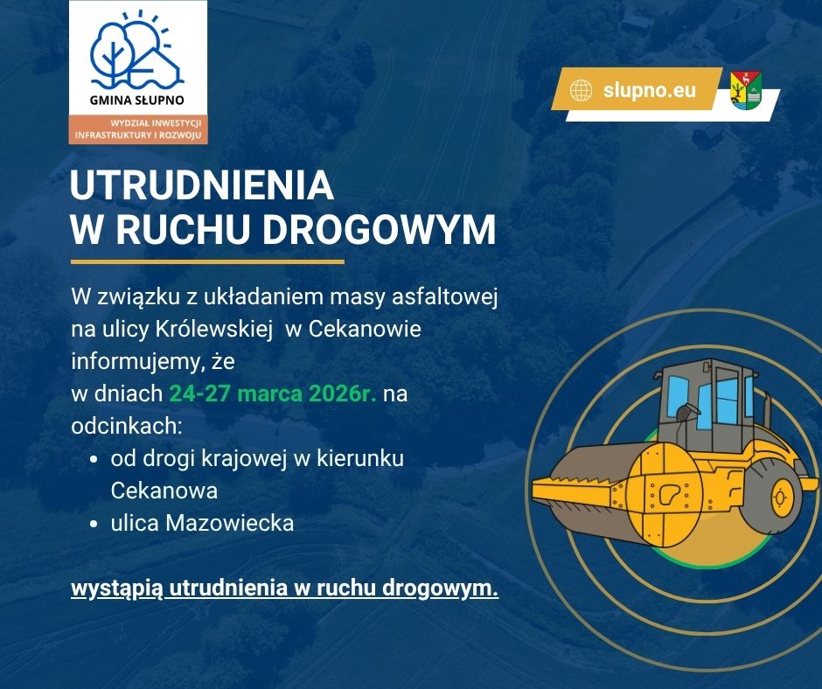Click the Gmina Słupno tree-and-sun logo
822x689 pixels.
(137, 51)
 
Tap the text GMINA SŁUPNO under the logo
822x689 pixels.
(136, 101)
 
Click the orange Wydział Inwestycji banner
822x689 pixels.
(138, 129)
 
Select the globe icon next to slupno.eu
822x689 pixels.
(581, 90)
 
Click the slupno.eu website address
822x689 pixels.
(649, 90)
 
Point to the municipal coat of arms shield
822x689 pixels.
(746, 90)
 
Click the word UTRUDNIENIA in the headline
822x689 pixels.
(202, 185)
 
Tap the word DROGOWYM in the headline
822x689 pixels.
(379, 229)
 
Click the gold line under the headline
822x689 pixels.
(207, 261)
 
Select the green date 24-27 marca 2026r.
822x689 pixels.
(273, 393)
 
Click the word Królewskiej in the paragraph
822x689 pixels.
(214, 330)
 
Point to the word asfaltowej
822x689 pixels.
(444, 297)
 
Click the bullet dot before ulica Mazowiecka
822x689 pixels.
(94, 523)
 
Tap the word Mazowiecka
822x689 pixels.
(230, 523)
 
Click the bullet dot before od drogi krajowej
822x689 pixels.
(94, 459)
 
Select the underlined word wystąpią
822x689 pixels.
(117, 588)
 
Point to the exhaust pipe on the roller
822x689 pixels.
(766, 414)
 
